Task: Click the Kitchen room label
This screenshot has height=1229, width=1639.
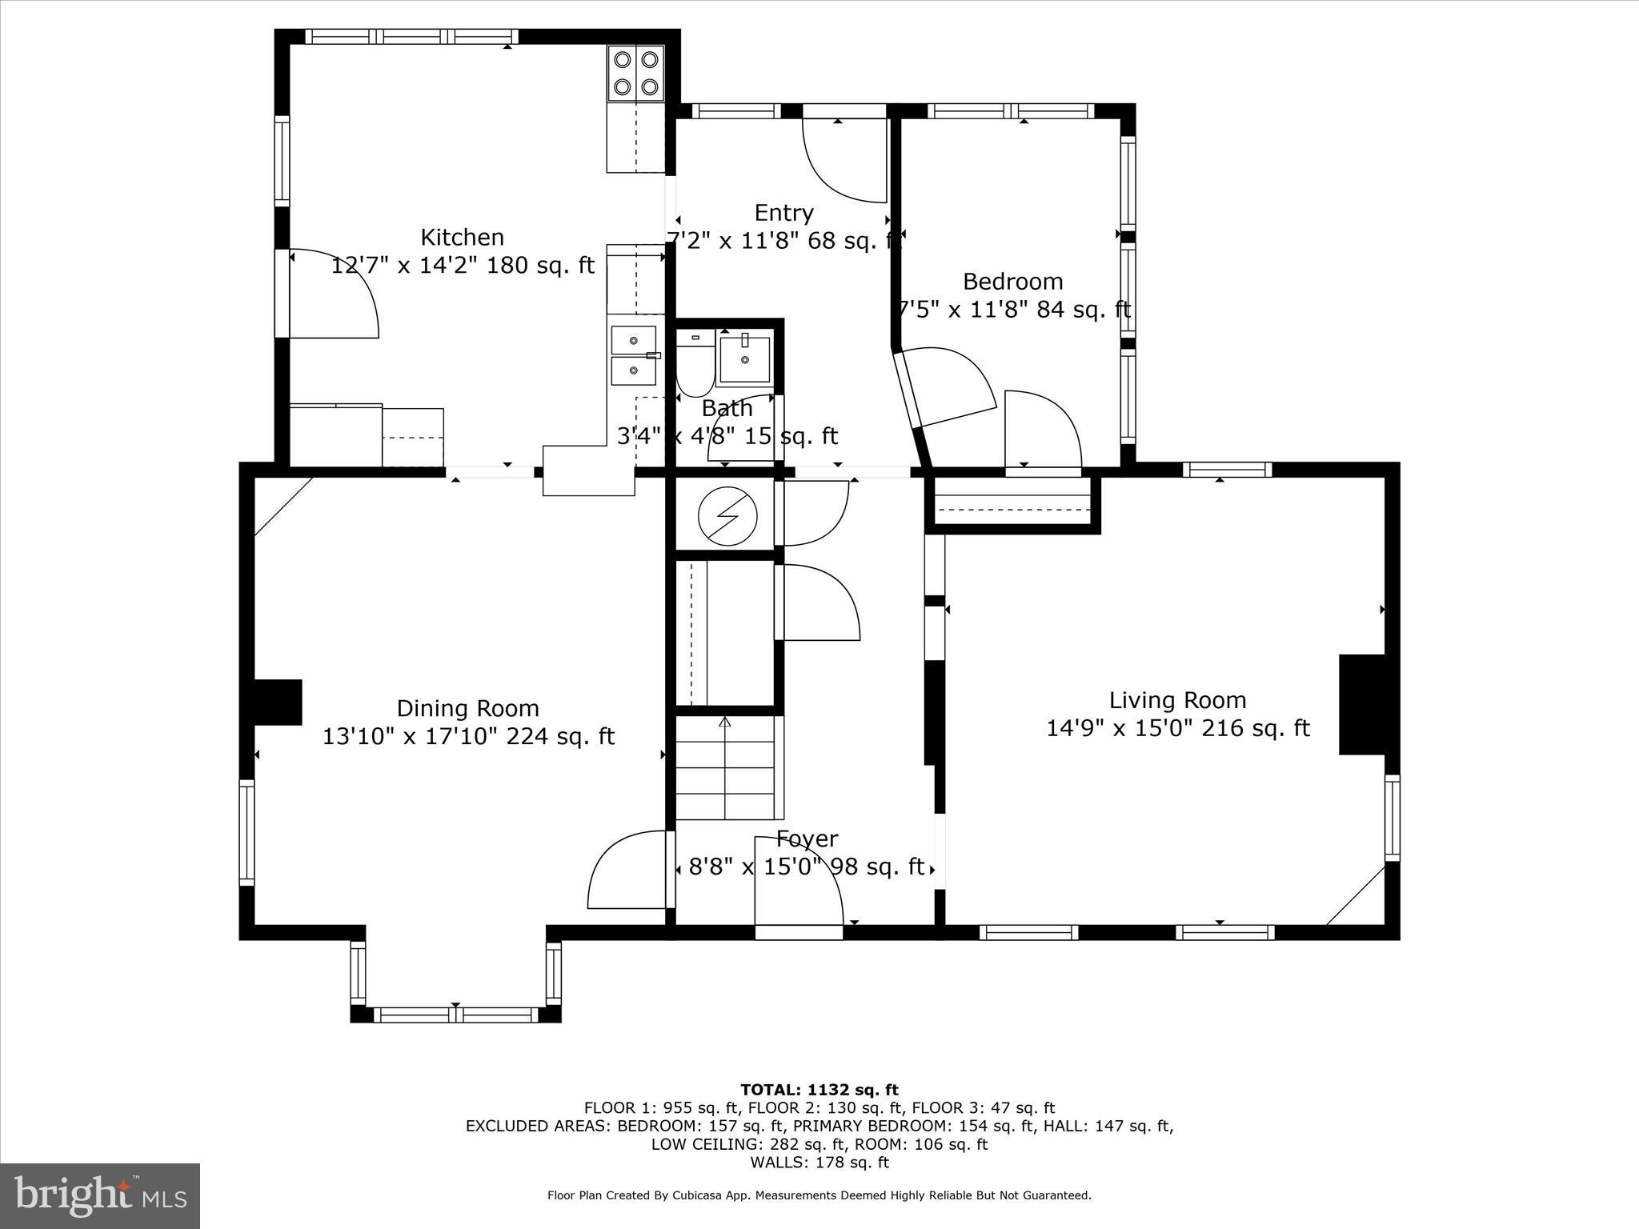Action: coord(463,238)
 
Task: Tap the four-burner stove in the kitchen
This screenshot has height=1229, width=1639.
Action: coord(636,73)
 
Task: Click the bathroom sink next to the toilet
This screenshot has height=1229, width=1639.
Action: coord(744,360)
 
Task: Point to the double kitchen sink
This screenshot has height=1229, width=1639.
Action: coord(633,355)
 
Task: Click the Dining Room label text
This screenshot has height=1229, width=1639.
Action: coord(468,708)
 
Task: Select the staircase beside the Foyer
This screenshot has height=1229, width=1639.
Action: coord(727,768)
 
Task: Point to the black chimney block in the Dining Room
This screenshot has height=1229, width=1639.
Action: coord(277,702)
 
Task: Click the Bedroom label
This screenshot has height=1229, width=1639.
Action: coord(1012,282)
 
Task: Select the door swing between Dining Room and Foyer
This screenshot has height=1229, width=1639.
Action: coord(628,871)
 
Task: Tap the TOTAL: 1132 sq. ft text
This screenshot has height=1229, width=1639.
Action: coord(819,1090)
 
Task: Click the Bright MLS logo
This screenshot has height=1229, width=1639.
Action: coord(100,1196)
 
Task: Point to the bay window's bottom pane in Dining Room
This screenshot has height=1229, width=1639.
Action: coord(455,1015)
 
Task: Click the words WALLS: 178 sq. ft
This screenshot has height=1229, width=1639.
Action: coord(819,1163)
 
